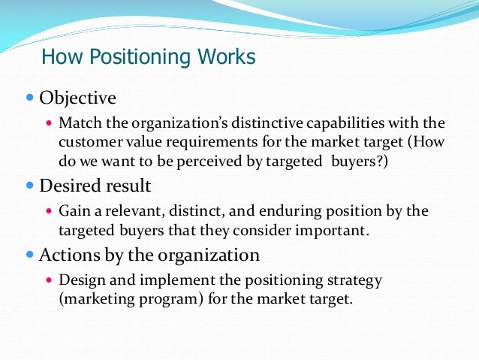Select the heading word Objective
click(x=78, y=98)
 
